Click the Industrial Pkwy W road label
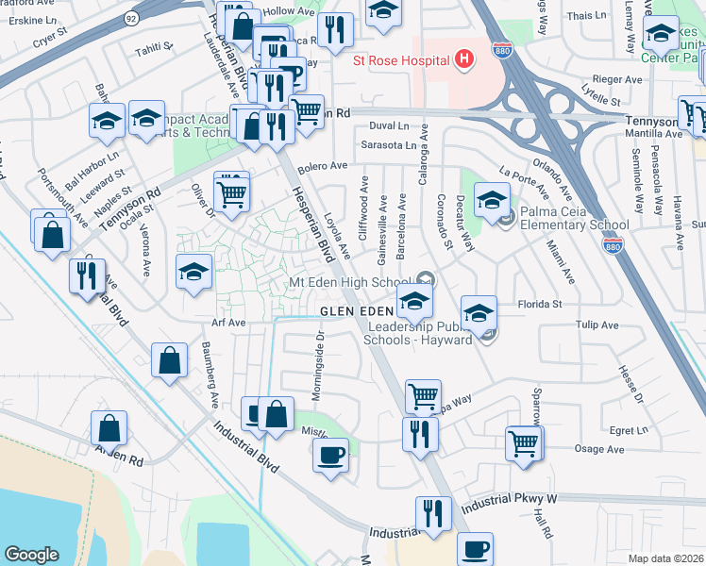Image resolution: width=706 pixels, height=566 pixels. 511,498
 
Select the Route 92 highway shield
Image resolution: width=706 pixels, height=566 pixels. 131,17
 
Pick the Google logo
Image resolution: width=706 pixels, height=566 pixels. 31,554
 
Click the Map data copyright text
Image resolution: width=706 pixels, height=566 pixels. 665,558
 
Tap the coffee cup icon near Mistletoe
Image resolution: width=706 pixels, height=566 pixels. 330,455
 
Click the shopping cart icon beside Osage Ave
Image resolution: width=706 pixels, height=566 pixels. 524,443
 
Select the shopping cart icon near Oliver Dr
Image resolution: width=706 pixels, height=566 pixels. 231,193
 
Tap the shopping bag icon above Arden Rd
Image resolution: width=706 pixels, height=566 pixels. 109,427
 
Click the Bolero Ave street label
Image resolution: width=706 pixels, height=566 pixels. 323,166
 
